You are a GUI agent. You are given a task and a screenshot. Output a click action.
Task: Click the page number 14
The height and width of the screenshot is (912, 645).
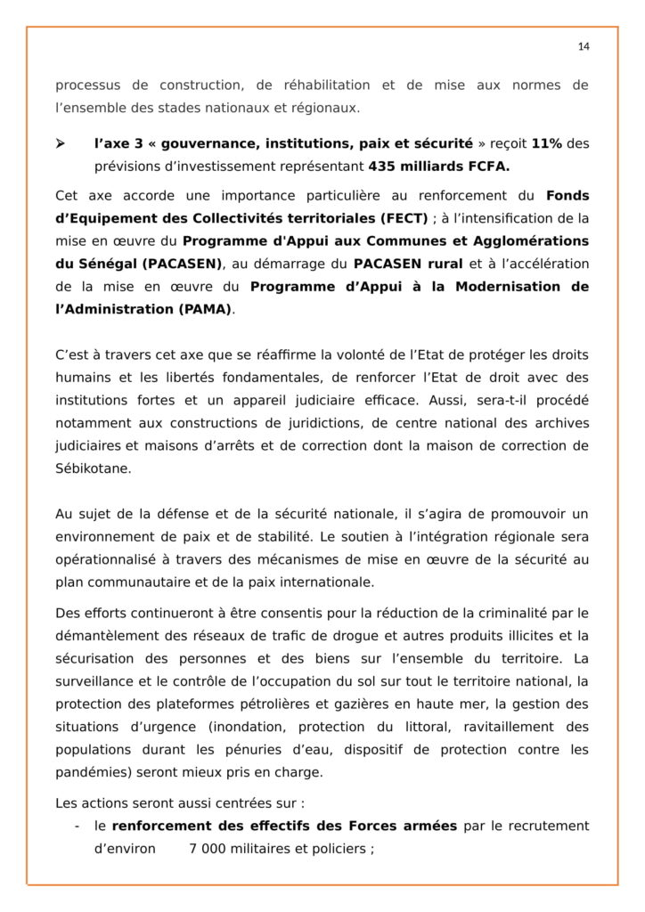pos(583,45)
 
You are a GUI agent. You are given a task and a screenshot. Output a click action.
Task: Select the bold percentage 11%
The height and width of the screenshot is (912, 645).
pos(546,143)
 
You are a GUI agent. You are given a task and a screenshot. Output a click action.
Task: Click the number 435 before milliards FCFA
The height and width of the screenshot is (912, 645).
pos(384,167)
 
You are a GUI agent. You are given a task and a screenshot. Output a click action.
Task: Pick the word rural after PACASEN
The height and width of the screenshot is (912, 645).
pos(437,264)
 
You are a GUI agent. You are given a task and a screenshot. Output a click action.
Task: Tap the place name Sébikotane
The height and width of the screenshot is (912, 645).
pos(93,468)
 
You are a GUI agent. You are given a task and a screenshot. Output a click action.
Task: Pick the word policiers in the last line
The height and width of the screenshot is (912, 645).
pos(330,849)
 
